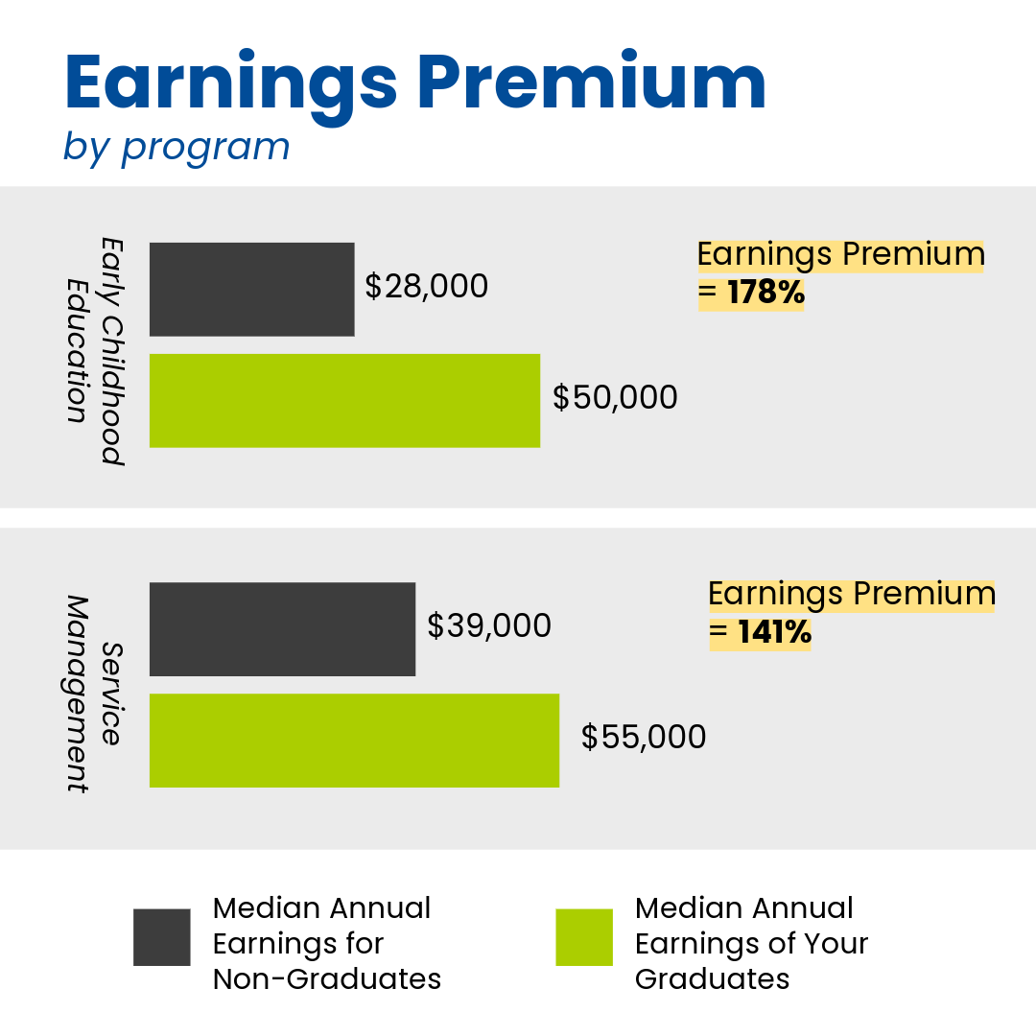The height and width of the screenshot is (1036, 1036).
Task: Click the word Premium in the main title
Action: pyautogui.click(x=592, y=80)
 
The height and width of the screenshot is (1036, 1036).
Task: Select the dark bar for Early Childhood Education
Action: pyautogui.click(x=251, y=290)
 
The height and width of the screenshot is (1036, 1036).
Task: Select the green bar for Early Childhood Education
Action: pyautogui.click(x=345, y=400)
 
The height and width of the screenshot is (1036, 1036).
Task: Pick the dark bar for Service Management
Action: pyautogui.click(x=282, y=629)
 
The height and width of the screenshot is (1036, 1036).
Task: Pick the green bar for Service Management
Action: pyautogui.click(x=354, y=740)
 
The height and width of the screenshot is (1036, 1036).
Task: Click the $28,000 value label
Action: pyautogui.click(x=427, y=287)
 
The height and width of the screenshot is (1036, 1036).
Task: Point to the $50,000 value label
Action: pyautogui.click(x=615, y=398)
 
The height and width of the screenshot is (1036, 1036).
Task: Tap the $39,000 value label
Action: pyautogui.click(x=489, y=625)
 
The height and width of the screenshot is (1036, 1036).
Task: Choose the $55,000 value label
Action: pyautogui.click(x=644, y=738)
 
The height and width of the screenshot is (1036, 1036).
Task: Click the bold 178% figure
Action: pyautogui.click(x=766, y=292)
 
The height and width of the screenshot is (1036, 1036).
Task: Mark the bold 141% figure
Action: pyautogui.click(x=774, y=631)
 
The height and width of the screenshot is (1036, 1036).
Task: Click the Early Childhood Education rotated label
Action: pyautogui.click(x=95, y=351)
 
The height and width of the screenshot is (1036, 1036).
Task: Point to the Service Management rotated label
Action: pyautogui.click(x=93, y=694)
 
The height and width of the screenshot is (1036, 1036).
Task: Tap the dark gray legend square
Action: pyautogui.click(x=162, y=937)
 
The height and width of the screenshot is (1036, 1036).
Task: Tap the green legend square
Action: pyautogui.click(x=584, y=937)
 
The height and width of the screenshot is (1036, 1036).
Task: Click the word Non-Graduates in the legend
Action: pyautogui.click(x=327, y=979)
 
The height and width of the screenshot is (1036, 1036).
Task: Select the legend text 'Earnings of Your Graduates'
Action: pyautogui.click(x=751, y=961)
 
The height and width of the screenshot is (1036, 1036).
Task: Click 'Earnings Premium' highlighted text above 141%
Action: pyautogui.click(x=852, y=595)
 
